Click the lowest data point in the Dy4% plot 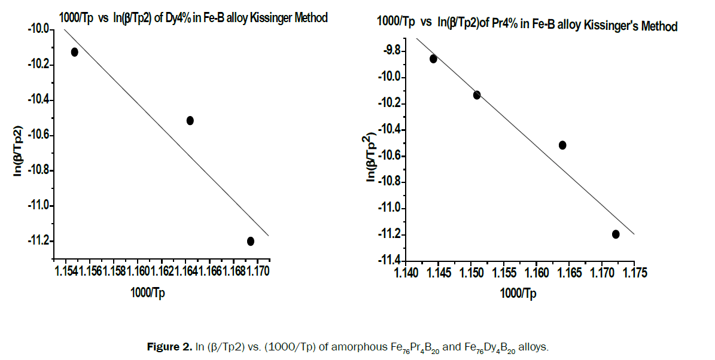click(250, 241)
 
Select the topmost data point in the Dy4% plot click(75, 52)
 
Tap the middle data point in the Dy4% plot click(190, 120)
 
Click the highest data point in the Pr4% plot click(433, 59)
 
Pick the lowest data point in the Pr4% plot click(616, 234)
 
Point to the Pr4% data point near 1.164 click(562, 145)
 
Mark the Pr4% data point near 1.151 click(477, 94)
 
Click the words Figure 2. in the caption click(170, 346)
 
